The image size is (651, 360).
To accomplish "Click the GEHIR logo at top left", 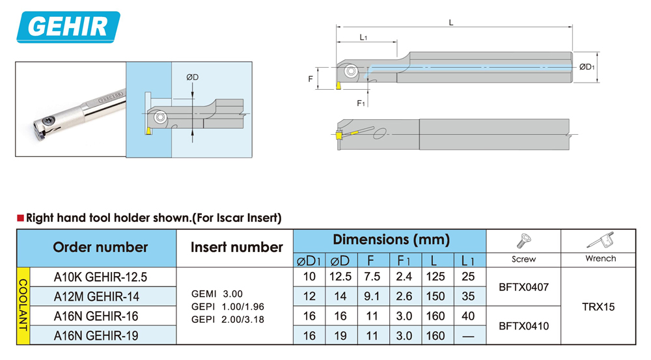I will click(68, 27).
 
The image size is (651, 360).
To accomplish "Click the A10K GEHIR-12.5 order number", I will click(100, 277).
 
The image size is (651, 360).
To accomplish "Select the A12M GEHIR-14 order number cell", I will click(100, 296).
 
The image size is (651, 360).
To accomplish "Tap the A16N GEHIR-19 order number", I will click(100, 336).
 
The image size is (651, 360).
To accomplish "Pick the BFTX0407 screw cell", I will click(523, 286).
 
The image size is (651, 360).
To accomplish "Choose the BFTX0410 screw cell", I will click(523, 326).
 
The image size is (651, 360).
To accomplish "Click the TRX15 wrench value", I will click(598, 307).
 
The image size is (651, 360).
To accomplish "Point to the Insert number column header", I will click(236, 247).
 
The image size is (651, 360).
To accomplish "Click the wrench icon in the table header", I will click(599, 242).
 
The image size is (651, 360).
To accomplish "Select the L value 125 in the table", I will click(435, 277).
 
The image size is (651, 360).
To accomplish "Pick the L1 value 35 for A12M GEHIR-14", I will click(467, 296).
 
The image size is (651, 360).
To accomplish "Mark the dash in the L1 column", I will click(467, 336).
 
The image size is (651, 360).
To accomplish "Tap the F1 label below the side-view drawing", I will click(361, 103).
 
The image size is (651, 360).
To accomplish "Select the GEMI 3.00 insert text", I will click(216, 294).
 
